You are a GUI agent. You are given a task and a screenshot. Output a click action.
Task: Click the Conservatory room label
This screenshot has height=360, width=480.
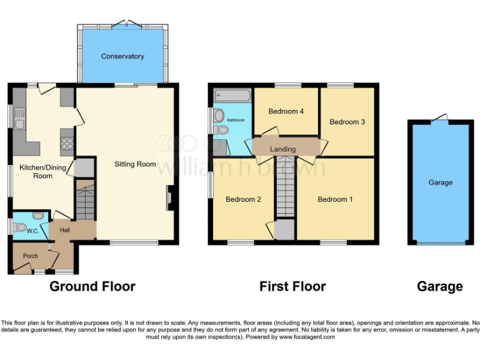(x=122, y=56)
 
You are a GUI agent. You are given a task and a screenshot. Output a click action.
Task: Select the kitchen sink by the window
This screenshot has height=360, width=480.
(x=19, y=119)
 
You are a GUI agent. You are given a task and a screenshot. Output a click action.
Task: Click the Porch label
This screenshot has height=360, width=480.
(x=30, y=256)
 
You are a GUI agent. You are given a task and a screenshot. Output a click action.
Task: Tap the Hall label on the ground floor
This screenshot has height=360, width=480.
(x=64, y=230)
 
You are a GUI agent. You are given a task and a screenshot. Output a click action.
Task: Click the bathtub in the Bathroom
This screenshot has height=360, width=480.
(x=232, y=96)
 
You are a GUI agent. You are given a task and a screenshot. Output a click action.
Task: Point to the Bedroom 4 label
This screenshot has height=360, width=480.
(x=286, y=111)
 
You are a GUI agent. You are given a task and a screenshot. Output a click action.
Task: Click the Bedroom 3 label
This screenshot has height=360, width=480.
(x=347, y=122)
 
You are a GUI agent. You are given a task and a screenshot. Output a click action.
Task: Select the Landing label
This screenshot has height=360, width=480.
(x=282, y=149)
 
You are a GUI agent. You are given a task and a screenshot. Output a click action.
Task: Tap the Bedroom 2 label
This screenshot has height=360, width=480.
(x=243, y=199)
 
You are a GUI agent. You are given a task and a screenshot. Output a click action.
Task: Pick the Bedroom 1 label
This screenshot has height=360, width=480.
(x=335, y=199)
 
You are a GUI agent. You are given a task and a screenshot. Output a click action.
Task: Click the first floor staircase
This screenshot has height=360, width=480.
(x=285, y=187)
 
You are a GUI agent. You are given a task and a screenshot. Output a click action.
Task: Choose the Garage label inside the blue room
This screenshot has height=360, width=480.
(x=440, y=182)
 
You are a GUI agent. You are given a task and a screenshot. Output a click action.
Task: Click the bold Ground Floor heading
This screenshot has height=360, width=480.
(x=92, y=287)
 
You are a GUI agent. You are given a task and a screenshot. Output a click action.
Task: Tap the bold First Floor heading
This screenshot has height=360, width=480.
(x=292, y=287)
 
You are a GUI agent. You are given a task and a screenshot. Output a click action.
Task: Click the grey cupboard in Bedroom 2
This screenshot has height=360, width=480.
(x=284, y=229)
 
